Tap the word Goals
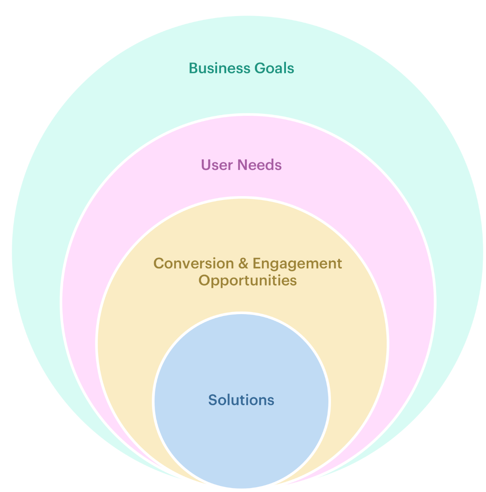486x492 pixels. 274,69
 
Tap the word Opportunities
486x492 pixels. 248,281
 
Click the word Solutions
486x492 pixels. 241,400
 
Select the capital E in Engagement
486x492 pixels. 256,263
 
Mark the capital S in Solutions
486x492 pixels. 212,400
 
